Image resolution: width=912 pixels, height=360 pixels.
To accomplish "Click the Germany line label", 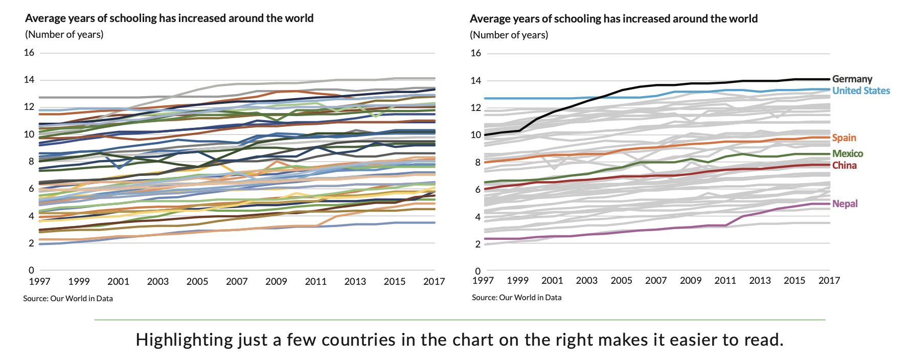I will (852, 79).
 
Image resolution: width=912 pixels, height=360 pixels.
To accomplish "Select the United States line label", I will (861, 91).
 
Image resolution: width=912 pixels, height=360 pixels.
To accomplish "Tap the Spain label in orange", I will (843, 138).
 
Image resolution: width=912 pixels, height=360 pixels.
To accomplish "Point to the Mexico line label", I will (847, 153).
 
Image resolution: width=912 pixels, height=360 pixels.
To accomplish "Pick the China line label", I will (844, 165).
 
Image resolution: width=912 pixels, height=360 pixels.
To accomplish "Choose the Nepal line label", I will (845, 204).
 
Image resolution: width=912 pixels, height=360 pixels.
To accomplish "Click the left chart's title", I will (169, 18).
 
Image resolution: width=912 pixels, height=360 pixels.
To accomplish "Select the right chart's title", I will (613, 19).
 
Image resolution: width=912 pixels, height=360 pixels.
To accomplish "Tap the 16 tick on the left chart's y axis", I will (29, 53).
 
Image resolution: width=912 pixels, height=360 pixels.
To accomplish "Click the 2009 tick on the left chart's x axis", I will (276, 281).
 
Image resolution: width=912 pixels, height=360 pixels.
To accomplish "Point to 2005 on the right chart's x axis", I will (621, 280).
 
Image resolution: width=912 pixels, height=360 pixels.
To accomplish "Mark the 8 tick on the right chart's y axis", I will (477, 163).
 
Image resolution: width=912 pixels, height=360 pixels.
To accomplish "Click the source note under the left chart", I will (68, 298).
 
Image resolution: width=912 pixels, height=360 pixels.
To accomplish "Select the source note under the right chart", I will (516, 297).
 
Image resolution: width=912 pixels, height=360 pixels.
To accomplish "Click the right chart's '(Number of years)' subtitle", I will (509, 35).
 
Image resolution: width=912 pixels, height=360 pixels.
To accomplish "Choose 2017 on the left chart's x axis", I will (434, 281).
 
